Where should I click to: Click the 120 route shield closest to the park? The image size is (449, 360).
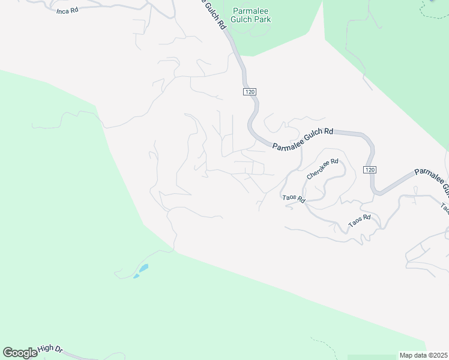point(250,91)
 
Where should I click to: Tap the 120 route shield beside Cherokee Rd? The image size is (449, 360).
point(370,170)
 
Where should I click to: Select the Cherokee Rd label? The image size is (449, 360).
point(323,169)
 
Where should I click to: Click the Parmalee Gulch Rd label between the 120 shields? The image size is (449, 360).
point(303,139)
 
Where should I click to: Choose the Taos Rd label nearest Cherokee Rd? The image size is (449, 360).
point(294,199)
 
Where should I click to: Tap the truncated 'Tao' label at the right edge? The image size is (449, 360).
point(444,208)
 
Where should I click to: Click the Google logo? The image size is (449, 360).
point(20,353)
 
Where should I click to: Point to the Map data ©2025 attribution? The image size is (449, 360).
point(423,355)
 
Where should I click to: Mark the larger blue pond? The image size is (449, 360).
point(143,268)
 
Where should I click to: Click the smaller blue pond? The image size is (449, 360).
point(136,276)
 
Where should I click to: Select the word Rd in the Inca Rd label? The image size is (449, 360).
point(75,11)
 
